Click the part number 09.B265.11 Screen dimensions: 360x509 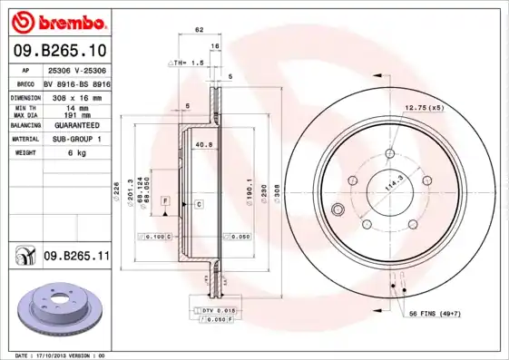tap(76, 257)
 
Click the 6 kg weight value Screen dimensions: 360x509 tap(76, 153)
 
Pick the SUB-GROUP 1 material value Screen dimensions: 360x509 tap(76, 140)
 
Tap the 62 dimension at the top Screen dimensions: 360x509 tap(199, 30)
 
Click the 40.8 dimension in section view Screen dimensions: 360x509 tap(203, 143)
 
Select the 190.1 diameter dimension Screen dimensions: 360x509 tap(249, 192)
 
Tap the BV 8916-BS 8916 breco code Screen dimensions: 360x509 tap(76, 82)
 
